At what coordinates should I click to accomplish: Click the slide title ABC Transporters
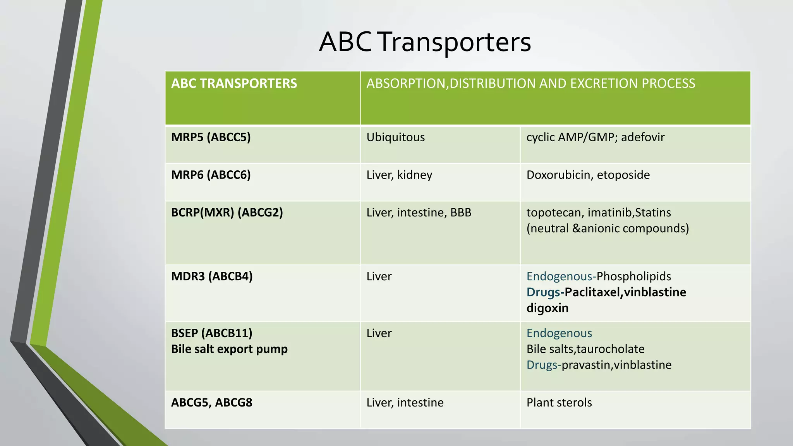pos(425,42)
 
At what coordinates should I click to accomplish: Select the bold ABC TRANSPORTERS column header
pos(234,84)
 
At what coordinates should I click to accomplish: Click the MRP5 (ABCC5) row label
pos(211,137)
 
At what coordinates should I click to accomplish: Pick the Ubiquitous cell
pos(395,137)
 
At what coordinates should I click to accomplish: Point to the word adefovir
pos(643,137)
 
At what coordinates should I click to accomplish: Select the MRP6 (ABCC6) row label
pos(211,175)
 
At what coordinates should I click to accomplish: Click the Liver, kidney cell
pos(399,175)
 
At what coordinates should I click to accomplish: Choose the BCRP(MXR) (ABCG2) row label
pos(227,213)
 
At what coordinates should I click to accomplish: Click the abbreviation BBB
pos(460,213)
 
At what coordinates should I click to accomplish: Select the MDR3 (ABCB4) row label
pos(212,276)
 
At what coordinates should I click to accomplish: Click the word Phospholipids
pos(633,276)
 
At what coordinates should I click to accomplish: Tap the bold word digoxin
pos(547,308)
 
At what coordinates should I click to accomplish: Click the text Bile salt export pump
pos(229,349)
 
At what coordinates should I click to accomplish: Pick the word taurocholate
pos(610,349)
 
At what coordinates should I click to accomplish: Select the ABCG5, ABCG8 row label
pos(212,403)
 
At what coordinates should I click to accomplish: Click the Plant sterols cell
pos(559,403)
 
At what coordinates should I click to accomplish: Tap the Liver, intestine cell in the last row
pos(405,403)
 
